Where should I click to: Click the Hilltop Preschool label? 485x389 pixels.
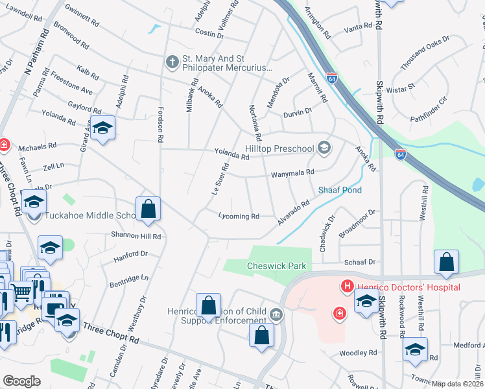coord(279,148)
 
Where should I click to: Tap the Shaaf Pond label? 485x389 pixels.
coord(339,190)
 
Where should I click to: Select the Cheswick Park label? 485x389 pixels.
coord(276,266)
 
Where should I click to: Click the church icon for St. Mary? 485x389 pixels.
coord(172,62)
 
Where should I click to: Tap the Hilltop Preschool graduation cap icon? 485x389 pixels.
coord(324,148)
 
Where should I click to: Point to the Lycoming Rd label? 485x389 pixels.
coord(239,216)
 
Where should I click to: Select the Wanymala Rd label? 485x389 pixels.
coord(292,172)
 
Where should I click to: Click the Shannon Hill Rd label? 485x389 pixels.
coord(136,236)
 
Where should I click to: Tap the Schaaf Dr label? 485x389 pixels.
coord(361,262)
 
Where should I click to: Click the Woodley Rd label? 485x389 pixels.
coord(358,353)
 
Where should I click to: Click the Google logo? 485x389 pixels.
coord(21,381)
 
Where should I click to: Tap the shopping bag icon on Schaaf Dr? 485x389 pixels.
coord(446,263)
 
